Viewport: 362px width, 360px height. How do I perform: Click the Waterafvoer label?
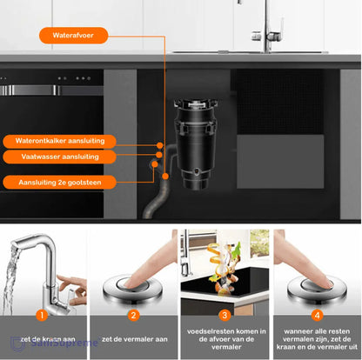[74, 37]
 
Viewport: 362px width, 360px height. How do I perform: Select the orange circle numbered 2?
[134, 316]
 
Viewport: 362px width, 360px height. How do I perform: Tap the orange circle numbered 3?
[224, 316]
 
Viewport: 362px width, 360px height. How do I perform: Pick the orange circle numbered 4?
[316, 316]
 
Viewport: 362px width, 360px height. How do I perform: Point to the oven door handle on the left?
[44, 90]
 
